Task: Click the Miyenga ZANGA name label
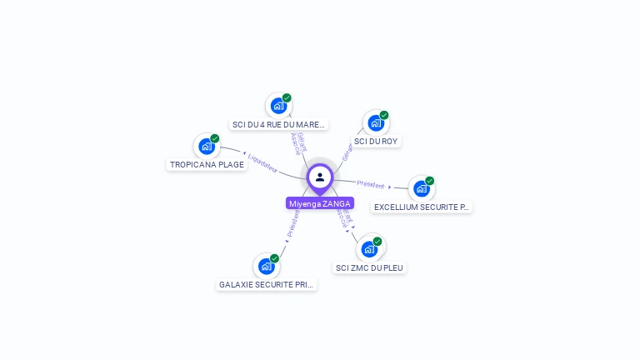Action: (x=320, y=203)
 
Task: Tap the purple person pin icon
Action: (x=320, y=177)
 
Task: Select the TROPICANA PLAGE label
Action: (x=207, y=164)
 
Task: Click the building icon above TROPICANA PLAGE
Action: (x=207, y=147)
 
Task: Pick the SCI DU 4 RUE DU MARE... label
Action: (x=278, y=125)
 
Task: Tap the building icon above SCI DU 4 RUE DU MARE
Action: (x=278, y=106)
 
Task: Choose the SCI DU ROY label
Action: (x=376, y=141)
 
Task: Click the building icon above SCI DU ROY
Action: (x=376, y=123)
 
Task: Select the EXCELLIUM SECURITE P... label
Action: (x=421, y=207)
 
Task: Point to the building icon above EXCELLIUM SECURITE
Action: (x=422, y=188)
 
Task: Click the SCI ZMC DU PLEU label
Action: (x=369, y=267)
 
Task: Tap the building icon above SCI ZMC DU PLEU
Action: (x=369, y=249)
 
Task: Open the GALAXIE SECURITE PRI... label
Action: (x=267, y=284)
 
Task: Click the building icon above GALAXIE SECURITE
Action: (x=267, y=266)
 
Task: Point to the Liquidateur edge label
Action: (x=262, y=162)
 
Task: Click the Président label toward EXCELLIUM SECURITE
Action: (x=371, y=184)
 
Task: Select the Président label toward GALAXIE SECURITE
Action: (x=292, y=223)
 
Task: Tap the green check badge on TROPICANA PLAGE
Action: (x=215, y=138)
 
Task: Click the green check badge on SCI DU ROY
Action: (x=384, y=115)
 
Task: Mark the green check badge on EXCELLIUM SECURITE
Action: (x=430, y=180)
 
